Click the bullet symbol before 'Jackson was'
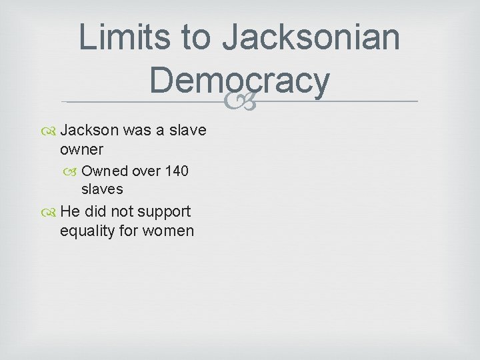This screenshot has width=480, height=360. (x=51, y=130)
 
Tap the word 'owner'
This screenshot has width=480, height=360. (x=81, y=149)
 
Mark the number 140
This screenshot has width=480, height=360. (x=176, y=171)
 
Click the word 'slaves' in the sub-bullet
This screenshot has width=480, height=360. (x=102, y=189)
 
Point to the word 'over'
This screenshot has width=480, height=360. (x=146, y=171)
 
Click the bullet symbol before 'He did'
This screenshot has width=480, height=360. (x=51, y=212)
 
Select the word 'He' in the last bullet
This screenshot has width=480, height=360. (x=70, y=211)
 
